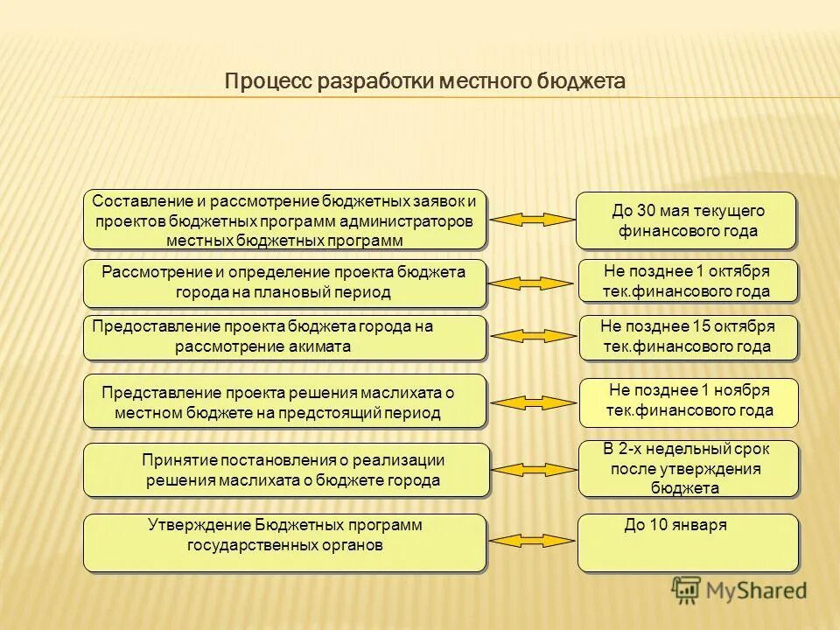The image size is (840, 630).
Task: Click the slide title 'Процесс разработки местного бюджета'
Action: (425, 81)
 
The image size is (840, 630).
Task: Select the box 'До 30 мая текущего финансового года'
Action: (687, 220)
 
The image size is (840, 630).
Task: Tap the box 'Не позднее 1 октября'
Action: (687, 282)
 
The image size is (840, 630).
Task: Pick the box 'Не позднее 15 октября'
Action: (688, 337)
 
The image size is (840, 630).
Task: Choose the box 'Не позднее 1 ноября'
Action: (689, 402)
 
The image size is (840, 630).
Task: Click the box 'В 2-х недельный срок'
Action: (688, 469)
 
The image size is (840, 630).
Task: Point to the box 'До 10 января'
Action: (688, 542)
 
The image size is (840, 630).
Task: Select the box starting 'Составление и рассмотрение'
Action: (284, 220)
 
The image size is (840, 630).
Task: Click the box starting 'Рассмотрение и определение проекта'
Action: (284, 283)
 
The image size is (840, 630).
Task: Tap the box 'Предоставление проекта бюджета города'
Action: (284, 337)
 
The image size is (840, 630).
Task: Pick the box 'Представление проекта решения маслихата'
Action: (284, 402)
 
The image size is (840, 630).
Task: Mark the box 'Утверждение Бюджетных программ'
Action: (284, 542)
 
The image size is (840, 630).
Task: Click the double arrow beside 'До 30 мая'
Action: (530, 220)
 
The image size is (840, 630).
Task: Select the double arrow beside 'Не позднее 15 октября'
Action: (530, 336)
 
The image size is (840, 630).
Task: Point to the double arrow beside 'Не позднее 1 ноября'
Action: (530, 402)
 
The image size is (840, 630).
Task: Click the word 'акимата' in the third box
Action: (323, 346)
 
